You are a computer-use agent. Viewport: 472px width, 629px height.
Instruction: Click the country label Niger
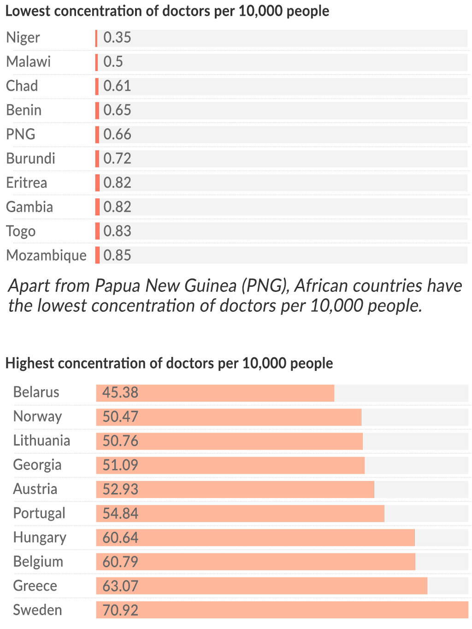(23, 38)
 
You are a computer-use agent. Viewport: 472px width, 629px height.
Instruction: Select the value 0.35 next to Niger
(117, 38)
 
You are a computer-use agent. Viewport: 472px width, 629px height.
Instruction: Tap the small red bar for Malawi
(97, 62)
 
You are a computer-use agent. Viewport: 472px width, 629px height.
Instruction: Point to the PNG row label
(21, 134)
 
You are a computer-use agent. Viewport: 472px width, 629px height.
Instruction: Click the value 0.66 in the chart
(117, 134)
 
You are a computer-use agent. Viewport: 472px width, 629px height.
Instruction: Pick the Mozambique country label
(46, 255)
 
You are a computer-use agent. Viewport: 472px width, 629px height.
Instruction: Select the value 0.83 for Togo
(117, 231)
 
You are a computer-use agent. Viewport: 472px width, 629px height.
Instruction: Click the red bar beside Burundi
(97, 159)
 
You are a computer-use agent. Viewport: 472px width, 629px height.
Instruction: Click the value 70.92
(120, 610)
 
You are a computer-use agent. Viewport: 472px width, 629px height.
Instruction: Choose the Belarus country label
(36, 392)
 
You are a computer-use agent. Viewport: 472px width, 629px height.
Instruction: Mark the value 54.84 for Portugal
(120, 513)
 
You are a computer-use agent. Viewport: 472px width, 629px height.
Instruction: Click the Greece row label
(35, 586)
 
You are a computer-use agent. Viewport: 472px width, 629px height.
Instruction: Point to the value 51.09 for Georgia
(120, 465)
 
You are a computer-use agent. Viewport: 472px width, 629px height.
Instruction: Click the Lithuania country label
(41, 441)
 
